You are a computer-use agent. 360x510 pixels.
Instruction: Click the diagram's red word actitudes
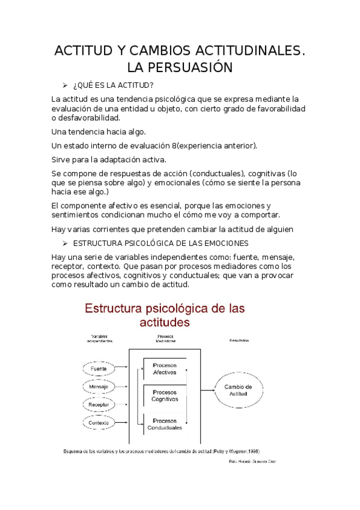pos(164,322)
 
